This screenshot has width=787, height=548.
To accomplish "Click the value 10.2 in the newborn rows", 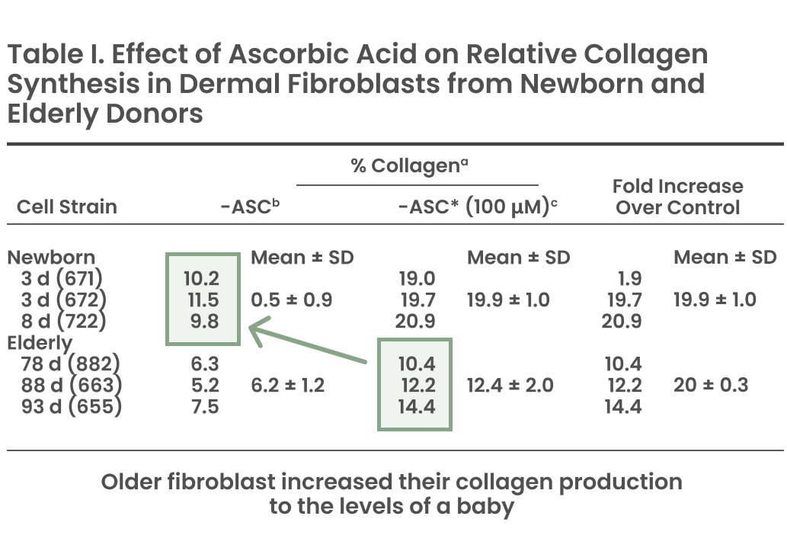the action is coord(201,278).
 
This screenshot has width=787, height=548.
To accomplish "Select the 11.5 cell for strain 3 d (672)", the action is coord(203,300).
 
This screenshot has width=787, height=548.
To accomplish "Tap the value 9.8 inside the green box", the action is coord(205,321).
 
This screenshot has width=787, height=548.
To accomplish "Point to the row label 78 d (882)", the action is coord(71,364).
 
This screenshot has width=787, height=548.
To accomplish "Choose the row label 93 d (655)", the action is coord(72,406).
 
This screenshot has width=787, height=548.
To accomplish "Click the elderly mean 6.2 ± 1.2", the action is coord(287,385).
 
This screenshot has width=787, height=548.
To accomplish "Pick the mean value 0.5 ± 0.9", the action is coord(292,300).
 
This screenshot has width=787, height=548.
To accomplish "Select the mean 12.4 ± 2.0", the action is coord(510,385).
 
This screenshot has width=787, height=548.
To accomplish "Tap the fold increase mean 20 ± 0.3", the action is coord(711,385).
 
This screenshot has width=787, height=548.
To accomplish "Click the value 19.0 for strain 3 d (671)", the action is coord(417,278).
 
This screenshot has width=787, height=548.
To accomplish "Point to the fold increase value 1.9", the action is coord(630,278).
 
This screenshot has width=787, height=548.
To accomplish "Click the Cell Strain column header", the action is coord(67,207).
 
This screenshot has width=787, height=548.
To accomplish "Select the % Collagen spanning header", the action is coord(410,165).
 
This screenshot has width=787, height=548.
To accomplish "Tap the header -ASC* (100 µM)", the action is coord(478,207).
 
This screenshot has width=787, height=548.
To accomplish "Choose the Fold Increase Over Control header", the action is coord(677,197).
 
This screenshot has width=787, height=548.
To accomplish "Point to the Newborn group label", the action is coord(51,257).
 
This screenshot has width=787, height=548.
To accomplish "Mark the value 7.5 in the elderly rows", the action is coord(205,406).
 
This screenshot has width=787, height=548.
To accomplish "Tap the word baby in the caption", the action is coord(485,506).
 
